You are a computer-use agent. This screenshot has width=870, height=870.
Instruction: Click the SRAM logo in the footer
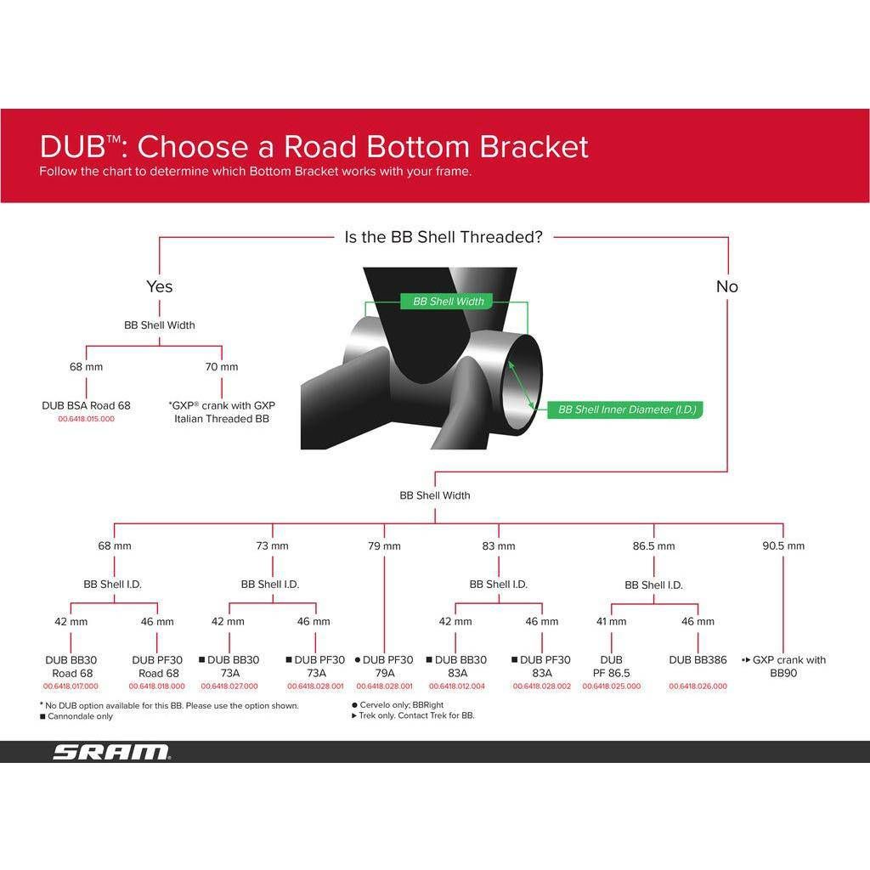tap(111, 752)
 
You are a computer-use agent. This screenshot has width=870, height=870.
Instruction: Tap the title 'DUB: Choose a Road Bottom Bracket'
tap(314, 146)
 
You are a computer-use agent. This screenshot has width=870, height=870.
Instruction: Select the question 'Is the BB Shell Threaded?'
tap(443, 237)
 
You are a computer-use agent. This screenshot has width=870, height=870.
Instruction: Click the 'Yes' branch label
tap(160, 286)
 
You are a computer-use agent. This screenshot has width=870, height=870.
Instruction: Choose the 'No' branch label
tap(726, 286)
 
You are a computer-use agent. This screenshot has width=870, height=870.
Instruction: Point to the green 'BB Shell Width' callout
tap(449, 302)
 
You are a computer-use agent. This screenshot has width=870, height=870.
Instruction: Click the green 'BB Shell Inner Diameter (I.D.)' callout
tap(627, 410)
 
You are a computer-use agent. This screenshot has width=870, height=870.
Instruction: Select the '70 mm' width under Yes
tap(222, 367)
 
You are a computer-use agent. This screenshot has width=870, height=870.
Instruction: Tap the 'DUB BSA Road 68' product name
tap(87, 405)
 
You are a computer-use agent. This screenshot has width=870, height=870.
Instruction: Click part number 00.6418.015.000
tap(87, 419)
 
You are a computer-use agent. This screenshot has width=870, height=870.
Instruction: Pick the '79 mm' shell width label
tap(384, 545)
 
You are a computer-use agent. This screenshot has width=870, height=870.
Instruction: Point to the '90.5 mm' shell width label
tap(783, 545)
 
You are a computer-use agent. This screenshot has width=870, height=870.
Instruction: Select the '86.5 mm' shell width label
tap(653, 545)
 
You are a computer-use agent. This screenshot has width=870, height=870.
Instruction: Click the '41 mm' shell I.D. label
tap(611, 621)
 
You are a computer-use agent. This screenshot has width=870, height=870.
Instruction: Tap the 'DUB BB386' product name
tap(698, 659)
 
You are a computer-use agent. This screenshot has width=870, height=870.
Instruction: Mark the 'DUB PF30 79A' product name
tap(387, 666)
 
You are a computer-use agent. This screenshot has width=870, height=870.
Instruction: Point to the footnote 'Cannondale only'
tap(80, 716)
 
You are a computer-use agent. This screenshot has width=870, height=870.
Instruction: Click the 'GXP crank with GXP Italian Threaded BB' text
tap(222, 412)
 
